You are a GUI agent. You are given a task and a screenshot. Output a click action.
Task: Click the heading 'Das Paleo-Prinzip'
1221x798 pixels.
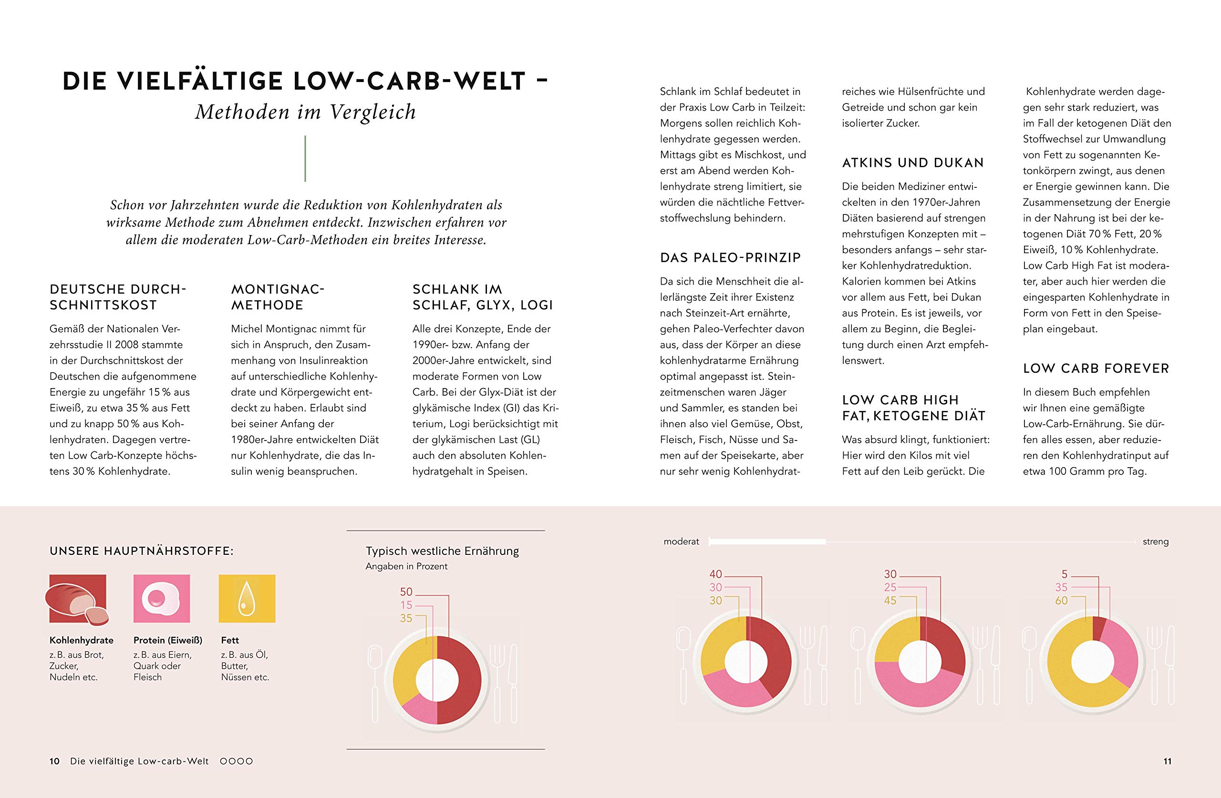click(730, 257)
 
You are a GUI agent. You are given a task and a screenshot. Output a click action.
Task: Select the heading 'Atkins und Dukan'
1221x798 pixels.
click(913, 163)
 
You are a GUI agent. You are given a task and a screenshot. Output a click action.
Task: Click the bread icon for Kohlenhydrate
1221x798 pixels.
click(77, 599)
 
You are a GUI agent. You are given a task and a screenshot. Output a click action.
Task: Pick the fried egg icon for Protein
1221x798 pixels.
click(161, 599)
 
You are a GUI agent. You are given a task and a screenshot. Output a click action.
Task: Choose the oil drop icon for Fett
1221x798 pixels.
click(247, 599)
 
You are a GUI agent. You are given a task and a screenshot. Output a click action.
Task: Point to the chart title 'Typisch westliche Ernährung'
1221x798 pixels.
click(442, 551)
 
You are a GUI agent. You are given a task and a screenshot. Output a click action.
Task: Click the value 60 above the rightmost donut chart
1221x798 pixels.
click(1061, 601)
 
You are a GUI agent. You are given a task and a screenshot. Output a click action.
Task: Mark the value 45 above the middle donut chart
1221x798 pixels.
click(890, 601)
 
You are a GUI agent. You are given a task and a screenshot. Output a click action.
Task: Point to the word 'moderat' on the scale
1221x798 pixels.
click(681, 542)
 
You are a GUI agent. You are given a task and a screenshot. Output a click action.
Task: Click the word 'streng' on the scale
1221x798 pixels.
click(1155, 542)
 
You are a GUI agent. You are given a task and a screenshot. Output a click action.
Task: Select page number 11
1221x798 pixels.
click(1167, 762)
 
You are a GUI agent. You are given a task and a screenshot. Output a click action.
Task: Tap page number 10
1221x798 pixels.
click(54, 762)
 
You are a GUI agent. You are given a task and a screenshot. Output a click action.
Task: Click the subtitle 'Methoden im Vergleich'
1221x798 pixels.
click(305, 113)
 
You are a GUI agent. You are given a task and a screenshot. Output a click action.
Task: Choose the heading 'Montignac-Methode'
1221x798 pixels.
click(278, 297)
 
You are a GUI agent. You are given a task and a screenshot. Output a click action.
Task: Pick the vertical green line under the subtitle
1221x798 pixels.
click(305, 158)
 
